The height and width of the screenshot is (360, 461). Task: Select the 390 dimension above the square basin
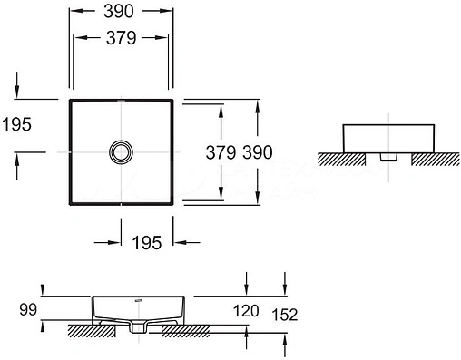(x=121, y=12)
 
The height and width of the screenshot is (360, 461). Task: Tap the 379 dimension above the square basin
(x=121, y=38)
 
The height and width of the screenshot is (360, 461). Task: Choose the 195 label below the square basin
(x=146, y=242)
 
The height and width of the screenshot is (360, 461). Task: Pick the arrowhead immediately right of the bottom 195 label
(x=178, y=242)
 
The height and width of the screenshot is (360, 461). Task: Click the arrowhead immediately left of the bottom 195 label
(x=116, y=242)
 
